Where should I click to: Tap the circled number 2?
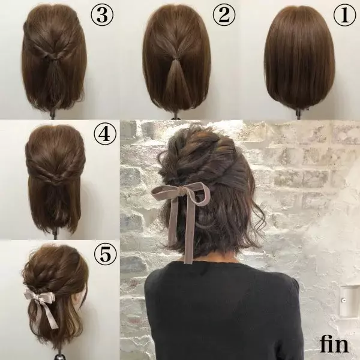pos(224,14)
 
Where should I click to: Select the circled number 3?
pos(102,14)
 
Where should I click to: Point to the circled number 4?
pos(105,134)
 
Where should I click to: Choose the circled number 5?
pos(106,254)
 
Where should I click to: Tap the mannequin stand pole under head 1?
pos(298,113)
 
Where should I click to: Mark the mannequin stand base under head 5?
pos(60,357)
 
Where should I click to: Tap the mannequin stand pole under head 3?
pos(53,114)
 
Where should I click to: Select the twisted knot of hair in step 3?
pos(53,56)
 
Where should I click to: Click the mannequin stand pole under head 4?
pos(55,234)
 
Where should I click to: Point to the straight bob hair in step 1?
pos(299,58)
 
